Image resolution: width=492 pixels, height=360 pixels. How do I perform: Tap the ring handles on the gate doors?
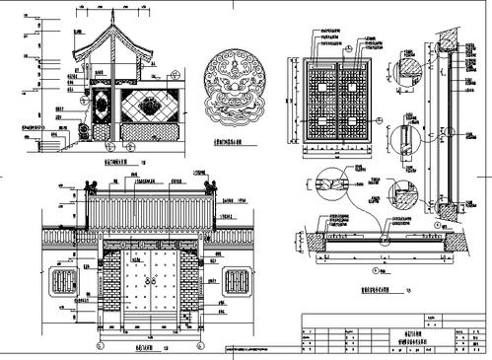click(151, 282)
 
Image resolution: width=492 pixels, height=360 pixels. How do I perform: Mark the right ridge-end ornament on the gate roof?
click(210, 185)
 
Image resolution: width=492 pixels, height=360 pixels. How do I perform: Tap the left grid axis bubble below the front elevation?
click(99, 346)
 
